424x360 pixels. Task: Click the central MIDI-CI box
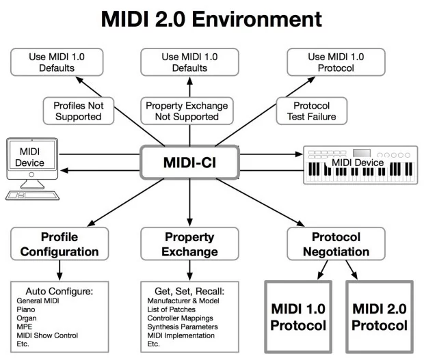(189, 163)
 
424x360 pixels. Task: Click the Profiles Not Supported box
(79, 111)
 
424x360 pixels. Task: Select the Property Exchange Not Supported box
(187, 111)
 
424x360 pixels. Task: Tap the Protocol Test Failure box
(312, 111)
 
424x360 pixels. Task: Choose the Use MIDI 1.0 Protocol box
(336, 62)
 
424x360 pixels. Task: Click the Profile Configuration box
(59, 244)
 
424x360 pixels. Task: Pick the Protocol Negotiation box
(336, 244)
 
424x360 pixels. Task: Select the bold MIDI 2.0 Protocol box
(380, 317)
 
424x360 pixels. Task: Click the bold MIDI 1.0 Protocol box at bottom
(298, 317)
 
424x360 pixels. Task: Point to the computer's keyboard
(32, 195)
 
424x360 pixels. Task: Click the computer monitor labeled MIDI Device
(32, 158)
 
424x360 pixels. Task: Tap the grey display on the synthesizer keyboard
(362, 153)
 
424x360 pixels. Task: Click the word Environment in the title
(257, 19)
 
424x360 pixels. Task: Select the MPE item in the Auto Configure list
(25, 327)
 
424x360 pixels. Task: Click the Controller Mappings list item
(180, 318)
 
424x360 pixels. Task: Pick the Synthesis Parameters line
(183, 327)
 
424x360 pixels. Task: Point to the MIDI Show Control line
(47, 335)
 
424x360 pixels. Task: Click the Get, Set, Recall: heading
(189, 291)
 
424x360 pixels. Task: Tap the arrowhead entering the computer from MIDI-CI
(64, 170)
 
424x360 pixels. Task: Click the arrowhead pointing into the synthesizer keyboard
(299, 154)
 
